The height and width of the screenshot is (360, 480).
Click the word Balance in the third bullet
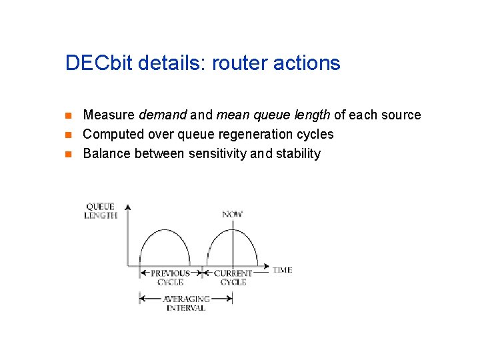pyautogui.click(x=107, y=153)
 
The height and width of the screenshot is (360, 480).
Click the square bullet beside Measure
pyautogui.click(x=69, y=115)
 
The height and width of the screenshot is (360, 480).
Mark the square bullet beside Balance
pyautogui.click(x=69, y=154)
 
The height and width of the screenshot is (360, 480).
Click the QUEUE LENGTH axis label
pyautogui.click(x=101, y=211)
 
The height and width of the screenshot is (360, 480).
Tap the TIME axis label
pyautogui.click(x=282, y=270)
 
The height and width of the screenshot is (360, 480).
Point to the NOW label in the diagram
pyautogui.click(x=232, y=214)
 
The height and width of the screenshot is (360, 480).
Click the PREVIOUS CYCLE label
pyautogui.click(x=170, y=277)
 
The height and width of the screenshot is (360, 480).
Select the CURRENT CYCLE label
pyautogui.click(x=233, y=277)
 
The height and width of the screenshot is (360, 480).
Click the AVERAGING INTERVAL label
pyautogui.click(x=186, y=303)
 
